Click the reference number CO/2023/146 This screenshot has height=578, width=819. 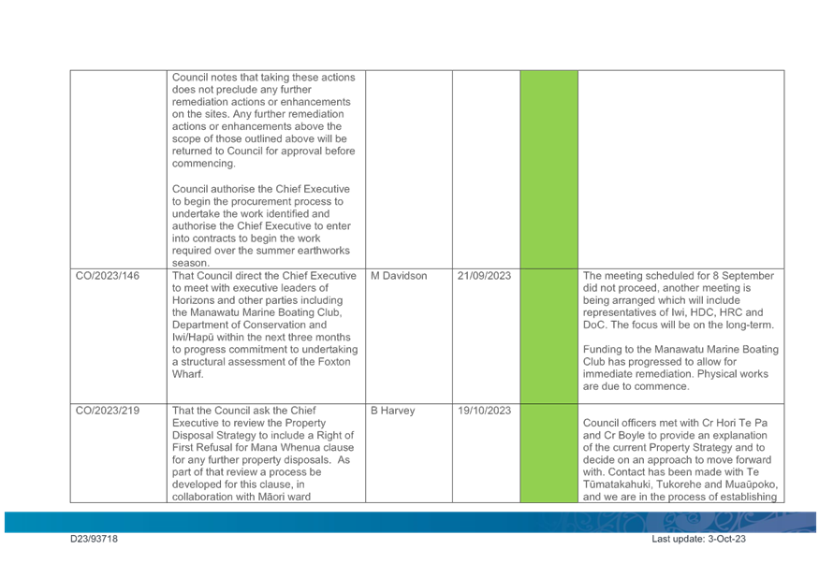pyautogui.click(x=108, y=276)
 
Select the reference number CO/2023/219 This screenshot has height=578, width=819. pyautogui.click(x=108, y=411)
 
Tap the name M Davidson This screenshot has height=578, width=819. pyautogui.click(x=399, y=276)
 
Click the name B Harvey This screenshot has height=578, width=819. pyautogui.click(x=393, y=411)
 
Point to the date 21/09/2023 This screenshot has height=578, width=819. pyautogui.click(x=484, y=276)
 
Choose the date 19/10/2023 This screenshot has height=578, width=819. pyautogui.click(x=484, y=411)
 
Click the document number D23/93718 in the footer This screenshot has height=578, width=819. pyautogui.click(x=94, y=539)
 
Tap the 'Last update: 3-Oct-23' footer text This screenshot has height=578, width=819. pyautogui.click(x=698, y=539)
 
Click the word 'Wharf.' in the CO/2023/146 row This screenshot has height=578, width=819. pyautogui.click(x=187, y=374)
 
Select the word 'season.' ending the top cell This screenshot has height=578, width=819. pyautogui.click(x=191, y=263)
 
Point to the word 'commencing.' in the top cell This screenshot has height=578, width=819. pyautogui.click(x=204, y=164)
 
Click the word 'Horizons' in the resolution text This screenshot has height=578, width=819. pyautogui.click(x=194, y=300)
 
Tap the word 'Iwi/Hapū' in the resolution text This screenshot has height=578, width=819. pyautogui.click(x=193, y=338)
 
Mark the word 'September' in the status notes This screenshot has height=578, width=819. pyautogui.click(x=748, y=276)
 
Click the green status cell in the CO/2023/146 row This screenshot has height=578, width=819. pyautogui.click(x=548, y=337)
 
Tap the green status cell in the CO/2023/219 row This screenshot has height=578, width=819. pyautogui.click(x=548, y=454)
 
